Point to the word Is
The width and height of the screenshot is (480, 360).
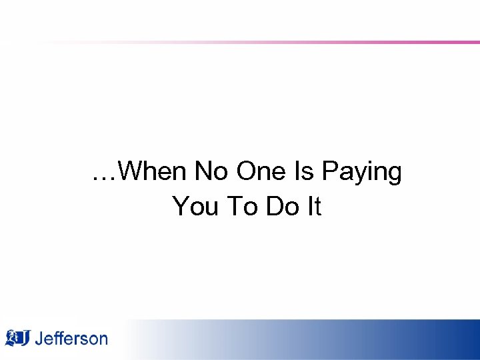[x=303, y=172]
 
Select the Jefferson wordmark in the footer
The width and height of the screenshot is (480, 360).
[x=71, y=339]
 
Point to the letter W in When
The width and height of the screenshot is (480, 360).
[x=136, y=172]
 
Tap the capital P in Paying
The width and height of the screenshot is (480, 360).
[x=330, y=172]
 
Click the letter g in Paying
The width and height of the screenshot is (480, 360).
[x=394, y=175]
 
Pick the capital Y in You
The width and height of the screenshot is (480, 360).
[x=180, y=207]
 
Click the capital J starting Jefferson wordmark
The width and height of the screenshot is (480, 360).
[x=39, y=339]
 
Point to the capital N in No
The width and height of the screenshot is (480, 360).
[x=203, y=172]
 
